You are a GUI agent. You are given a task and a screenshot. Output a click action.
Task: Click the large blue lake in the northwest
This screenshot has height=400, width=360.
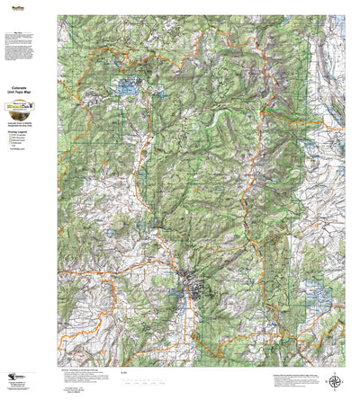click(x=125, y=88)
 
